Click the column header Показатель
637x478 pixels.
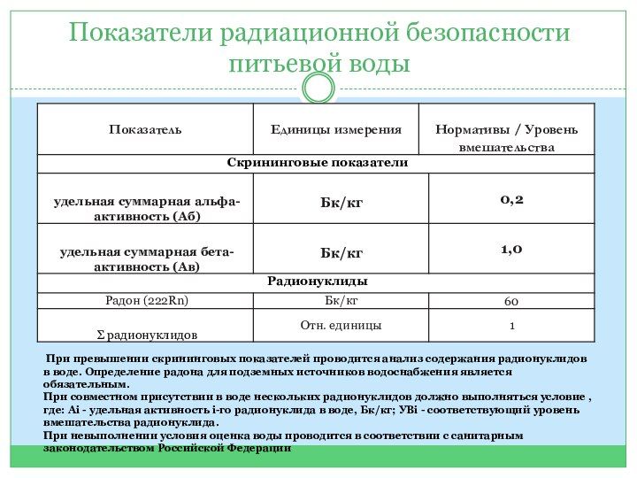145,130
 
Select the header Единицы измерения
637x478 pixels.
335,130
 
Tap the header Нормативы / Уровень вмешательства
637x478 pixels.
506,138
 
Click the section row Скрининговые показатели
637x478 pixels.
317,163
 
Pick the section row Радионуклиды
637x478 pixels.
317,281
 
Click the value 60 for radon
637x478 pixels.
511,302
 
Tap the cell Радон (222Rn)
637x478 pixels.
147,301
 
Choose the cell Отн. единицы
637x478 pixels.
341,326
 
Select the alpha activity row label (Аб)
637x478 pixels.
145,209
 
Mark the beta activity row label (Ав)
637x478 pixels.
145,259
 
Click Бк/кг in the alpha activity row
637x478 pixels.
341,204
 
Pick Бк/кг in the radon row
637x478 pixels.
341,301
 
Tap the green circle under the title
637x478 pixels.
318,88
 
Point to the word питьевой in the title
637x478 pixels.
283,64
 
